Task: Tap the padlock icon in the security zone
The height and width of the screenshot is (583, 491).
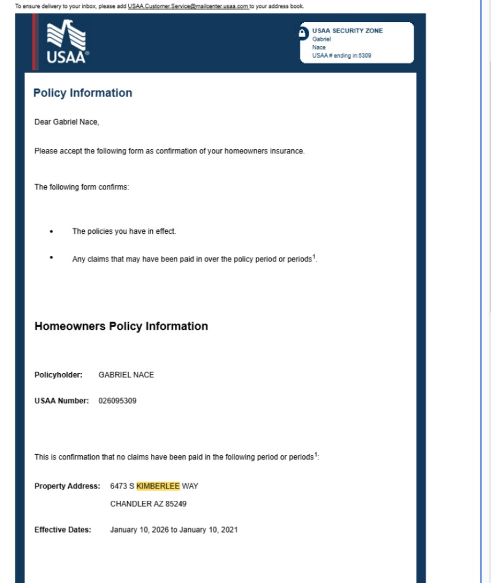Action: tap(303, 33)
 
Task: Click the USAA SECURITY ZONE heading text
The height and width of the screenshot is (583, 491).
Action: tap(347, 31)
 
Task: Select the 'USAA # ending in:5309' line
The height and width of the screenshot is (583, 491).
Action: tap(342, 56)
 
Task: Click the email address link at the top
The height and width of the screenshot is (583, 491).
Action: tap(188, 6)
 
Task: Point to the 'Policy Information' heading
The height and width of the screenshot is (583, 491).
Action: tap(83, 93)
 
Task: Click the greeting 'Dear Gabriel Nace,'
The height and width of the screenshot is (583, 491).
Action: tap(66, 122)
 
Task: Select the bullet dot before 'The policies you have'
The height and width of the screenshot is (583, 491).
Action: tap(52, 232)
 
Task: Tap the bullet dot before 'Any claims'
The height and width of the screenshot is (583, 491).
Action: tap(52, 257)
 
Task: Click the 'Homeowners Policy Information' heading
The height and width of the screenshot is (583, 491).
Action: tap(121, 326)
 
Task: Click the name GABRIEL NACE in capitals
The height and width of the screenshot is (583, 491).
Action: tap(126, 375)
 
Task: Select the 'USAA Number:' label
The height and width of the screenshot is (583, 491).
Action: tap(61, 401)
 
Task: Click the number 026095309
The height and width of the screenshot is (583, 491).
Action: tap(117, 401)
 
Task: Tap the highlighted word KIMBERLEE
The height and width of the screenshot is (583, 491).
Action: tap(158, 487)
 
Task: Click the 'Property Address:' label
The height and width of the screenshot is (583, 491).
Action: tap(67, 487)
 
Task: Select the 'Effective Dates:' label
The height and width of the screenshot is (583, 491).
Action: tap(63, 530)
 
